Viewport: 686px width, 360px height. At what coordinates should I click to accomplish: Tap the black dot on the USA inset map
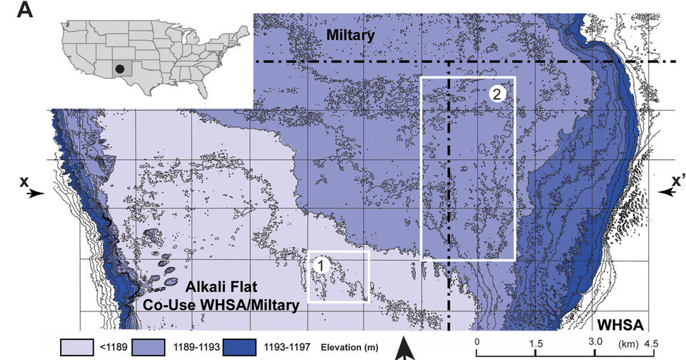[119, 68]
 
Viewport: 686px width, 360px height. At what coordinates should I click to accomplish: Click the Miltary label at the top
[350, 34]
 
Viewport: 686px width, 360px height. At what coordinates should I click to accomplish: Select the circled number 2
[498, 93]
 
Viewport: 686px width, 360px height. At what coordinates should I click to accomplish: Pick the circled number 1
[322, 265]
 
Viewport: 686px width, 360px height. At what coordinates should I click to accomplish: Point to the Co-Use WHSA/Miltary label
[210, 305]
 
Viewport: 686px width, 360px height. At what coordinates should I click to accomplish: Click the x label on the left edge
[24, 183]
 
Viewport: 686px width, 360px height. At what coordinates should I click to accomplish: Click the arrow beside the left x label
[36, 193]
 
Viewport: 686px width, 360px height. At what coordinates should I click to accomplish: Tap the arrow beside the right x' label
[666, 192]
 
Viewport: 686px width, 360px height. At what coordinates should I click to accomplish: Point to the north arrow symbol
[404, 349]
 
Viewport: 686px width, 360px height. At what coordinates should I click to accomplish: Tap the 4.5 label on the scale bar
[651, 342]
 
